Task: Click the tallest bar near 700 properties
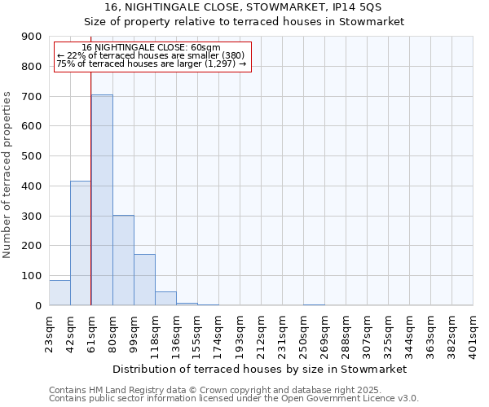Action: pos(102,199)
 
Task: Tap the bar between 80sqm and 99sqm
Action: pos(123,260)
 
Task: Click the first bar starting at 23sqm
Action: pos(59,293)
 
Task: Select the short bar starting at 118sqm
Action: pos(165,299)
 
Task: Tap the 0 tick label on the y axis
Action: pos(38,306)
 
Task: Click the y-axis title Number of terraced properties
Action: pos(8,174)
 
